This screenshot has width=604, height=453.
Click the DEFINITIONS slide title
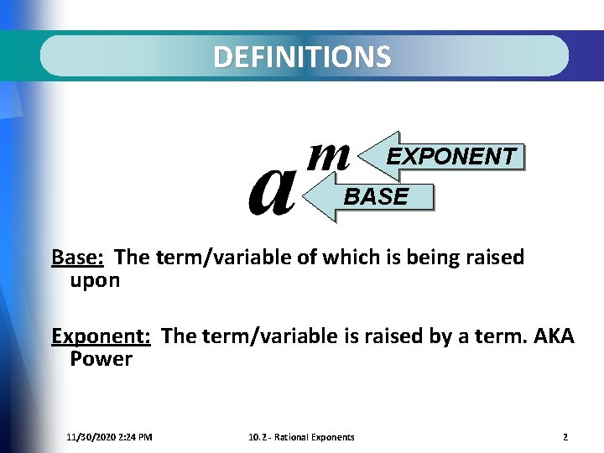[301, 56]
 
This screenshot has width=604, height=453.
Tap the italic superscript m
[329, 157]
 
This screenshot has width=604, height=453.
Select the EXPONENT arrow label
[451, 157]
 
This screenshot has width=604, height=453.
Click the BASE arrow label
[377, 197]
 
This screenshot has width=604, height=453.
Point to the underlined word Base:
[77, 257]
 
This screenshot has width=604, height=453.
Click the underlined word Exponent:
[101, 336]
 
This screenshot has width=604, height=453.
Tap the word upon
[95, 280]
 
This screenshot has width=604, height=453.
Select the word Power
[101, 360]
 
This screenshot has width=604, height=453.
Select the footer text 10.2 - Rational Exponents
[301, 437]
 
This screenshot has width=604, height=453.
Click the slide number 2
[565, 437]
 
